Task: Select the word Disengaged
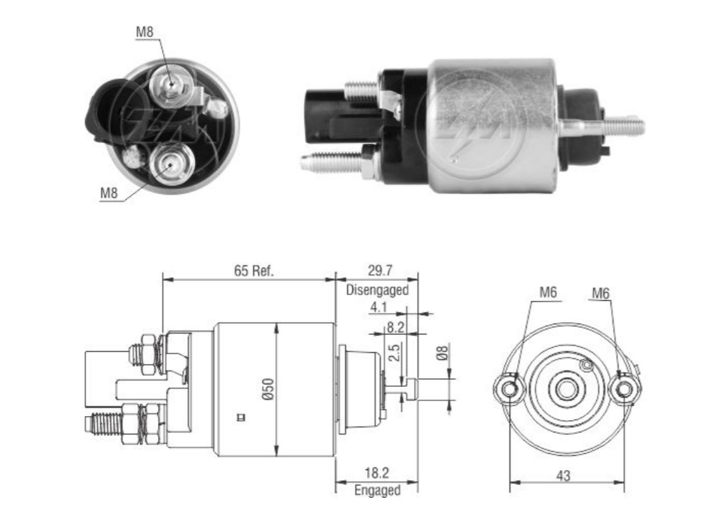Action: [x=377, y=290]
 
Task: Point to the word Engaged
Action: [x=377, y=490]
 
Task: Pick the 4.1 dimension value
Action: [x=378, y=307]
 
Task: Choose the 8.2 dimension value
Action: [x=396, y=329]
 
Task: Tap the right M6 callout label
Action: [x=601, y=292]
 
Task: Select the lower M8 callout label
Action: [x=108, y=192]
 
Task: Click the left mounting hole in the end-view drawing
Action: [x=508, y=388]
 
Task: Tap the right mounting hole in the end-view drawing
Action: [x=624, y=388]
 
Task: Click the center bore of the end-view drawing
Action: [x=566, y=388]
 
